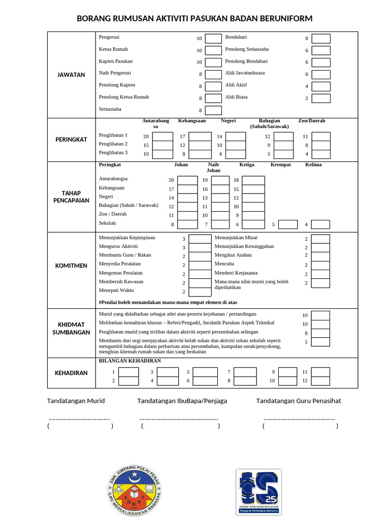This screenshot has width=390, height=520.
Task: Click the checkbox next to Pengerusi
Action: coord(213,39)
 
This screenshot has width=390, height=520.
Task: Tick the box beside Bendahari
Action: coord(321,39)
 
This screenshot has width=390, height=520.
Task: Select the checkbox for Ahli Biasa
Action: coord(321,99)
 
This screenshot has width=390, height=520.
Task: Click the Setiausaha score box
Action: coord(213,110)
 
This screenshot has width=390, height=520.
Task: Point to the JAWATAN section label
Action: coord(71,75)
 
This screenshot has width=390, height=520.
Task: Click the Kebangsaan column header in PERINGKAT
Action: coord(192,121)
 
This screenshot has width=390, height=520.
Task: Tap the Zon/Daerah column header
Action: coord(311,121)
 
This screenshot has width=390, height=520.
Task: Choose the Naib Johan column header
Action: coord(213,168)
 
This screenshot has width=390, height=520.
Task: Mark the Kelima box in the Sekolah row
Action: coord(320,224)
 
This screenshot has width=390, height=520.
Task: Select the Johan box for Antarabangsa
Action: coord(187,180)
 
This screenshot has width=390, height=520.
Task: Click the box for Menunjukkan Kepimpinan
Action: coord(200,239)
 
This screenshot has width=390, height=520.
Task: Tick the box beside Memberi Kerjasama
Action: coord(320,274)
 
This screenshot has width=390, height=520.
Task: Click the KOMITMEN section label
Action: coord(71,266)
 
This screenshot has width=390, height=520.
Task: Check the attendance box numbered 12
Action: coord(320,381)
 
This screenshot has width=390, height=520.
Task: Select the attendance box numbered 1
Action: coord(128,372)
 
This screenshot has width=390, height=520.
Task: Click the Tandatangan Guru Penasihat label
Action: coord(299,401)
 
